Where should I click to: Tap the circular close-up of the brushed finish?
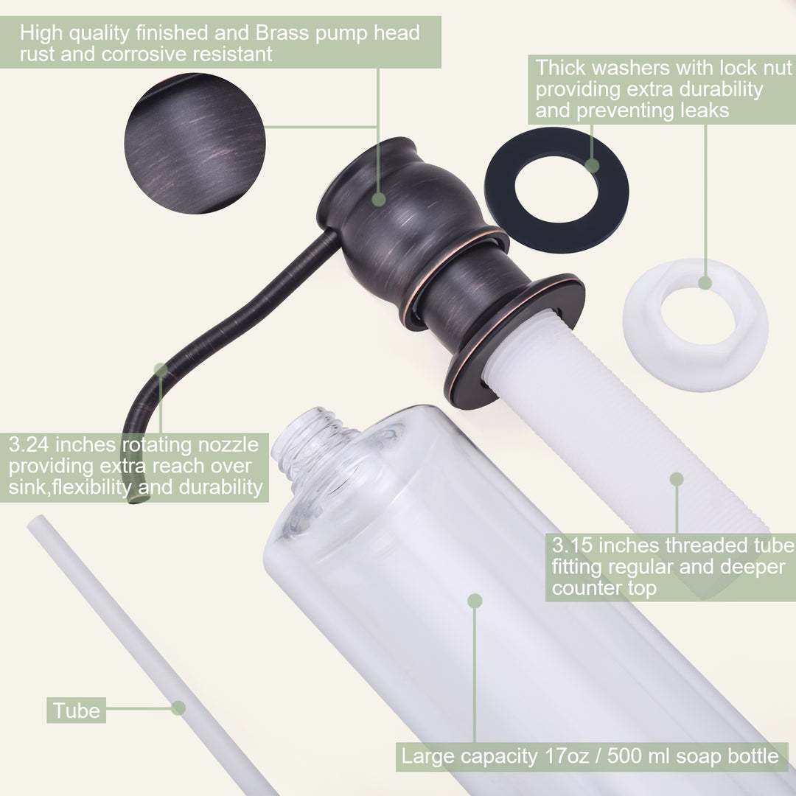coord(195,143)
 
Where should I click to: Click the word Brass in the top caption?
coord(282,33)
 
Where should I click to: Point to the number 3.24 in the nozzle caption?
coord(29,444)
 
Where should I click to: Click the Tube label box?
coord(77,711)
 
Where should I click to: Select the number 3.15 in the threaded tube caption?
coord(572,545)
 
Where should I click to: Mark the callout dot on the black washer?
coord(592,166)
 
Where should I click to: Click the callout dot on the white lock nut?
coord(705,283)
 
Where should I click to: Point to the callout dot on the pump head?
coord(379,199)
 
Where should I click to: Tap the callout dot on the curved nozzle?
coord(161,369)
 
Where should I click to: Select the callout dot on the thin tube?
coord(178,708)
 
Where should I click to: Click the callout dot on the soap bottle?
coord(475,601)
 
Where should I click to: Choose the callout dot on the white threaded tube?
coord(677,479)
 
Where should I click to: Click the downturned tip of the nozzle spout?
coord(137,499)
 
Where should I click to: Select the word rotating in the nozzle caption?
coord(158,444)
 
